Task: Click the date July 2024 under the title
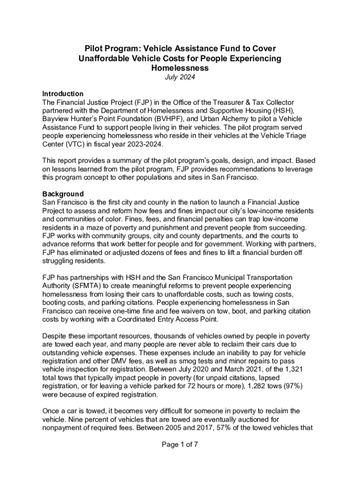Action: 180,77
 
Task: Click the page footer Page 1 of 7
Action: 180,444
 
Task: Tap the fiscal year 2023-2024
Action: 142,144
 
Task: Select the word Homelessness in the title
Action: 180,68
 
